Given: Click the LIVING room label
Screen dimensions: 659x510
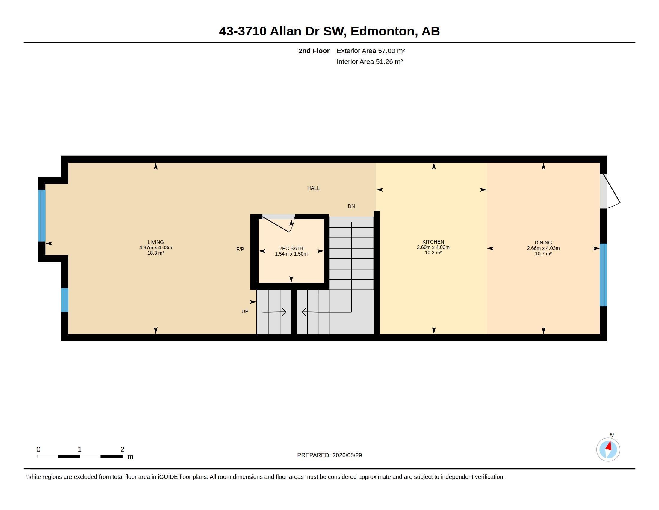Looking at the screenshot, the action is (156, 242).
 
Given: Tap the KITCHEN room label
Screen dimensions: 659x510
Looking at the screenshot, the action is (433, 242).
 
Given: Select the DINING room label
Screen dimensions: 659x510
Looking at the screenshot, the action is (543, 243).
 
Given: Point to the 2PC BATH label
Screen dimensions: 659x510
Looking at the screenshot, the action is (291, 248).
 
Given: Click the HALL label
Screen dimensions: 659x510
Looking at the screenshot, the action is (313, 188).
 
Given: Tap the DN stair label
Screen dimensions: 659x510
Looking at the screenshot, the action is (351, 206).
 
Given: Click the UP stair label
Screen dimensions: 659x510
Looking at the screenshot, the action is (245, 311).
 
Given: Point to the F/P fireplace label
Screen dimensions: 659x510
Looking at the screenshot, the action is (240, 249).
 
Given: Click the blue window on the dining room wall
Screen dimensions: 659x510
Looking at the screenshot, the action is (603, 275).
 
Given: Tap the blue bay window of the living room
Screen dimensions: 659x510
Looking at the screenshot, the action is (42, 216).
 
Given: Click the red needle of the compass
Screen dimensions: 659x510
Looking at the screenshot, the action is (609, 446).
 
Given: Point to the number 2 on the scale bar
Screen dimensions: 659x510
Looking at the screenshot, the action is (122, 449).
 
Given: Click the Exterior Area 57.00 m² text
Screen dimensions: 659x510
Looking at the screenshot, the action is (371, 51).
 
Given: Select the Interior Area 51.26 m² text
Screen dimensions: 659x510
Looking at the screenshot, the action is (370, 61).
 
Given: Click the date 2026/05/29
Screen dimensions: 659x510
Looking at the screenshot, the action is (347, 455).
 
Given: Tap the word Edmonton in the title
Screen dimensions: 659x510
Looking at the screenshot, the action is (382, 31).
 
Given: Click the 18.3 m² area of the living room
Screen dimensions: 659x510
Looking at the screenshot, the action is (156, 253).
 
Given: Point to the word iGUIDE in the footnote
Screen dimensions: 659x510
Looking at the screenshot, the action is (168, 477).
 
